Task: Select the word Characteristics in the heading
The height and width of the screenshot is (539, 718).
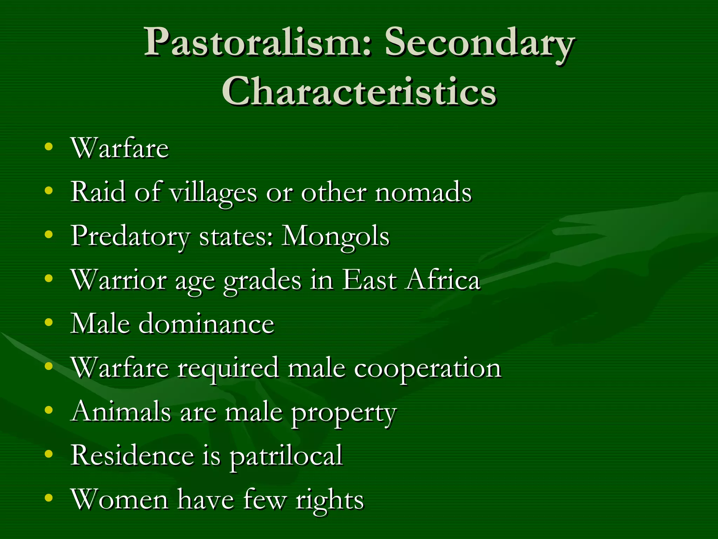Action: (x=359, y=92)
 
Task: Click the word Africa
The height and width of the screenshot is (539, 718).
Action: (x=442, y=280)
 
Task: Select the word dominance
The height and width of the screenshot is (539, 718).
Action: (x=206, y=324)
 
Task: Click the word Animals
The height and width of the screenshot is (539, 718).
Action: (x=121, y=411)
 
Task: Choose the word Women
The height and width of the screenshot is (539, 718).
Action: (x=120, y=499)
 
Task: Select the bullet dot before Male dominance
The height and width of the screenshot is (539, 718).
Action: (x=49, y=322)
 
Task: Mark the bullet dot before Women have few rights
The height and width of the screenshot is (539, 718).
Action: (x=49, y=498)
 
